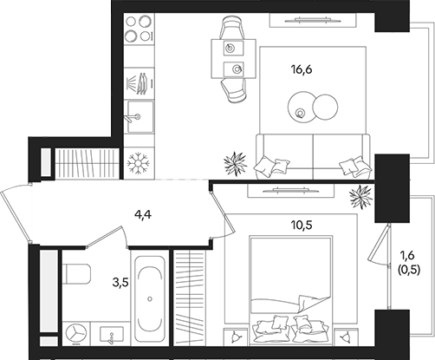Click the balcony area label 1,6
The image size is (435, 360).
pyautogui.click(x=406, y=256)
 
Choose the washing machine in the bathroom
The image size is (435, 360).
pyautogui.click(x=75, y=333)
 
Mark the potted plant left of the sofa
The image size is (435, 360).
pyautogui.click(x=234, y=162)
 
